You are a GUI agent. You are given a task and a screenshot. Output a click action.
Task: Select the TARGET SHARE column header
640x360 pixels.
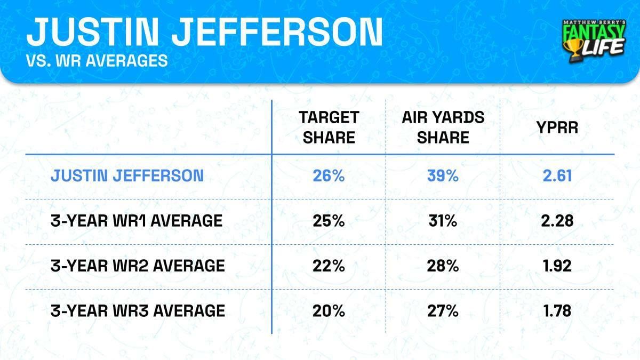click(328, 127)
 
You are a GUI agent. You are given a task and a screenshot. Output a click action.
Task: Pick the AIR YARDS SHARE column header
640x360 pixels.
click(443, 127)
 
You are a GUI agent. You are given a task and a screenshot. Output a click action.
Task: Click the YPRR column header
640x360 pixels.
click(557, 127)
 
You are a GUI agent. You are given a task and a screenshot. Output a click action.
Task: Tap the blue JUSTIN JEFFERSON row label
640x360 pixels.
click(127, 176)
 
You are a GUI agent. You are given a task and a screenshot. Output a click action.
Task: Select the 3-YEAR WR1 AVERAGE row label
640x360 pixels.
click(136, 221)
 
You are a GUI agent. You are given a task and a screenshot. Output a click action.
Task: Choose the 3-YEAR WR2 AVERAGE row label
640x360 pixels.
click(137, 266)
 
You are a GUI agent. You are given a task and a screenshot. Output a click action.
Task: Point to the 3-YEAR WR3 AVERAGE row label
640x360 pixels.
click(137, 310)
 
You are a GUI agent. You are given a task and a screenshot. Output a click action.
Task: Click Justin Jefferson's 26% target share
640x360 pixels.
click(328, 176)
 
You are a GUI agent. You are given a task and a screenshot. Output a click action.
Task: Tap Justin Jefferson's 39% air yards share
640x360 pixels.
click(443, 176)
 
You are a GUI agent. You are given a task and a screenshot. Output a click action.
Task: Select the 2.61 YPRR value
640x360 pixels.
click(557, 176)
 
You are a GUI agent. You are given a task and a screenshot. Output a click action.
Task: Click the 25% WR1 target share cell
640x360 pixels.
click(328, 221)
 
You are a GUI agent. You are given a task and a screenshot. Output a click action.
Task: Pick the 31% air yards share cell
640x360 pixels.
click(443, 221)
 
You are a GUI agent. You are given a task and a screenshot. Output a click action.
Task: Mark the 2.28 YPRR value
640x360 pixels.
click(557, 221)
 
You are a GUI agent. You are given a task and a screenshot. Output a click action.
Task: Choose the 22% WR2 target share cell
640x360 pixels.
click(328, 266)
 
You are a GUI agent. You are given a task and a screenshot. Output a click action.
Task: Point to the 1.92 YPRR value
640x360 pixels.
click(557, 266)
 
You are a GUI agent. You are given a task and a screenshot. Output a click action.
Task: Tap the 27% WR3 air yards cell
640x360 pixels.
click(443, 310)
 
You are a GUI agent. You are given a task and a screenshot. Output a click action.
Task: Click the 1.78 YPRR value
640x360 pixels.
click(557, 310)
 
